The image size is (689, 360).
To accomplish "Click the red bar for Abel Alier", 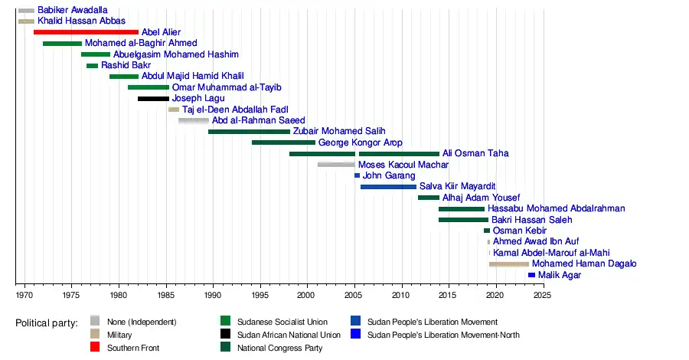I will coord(86,32).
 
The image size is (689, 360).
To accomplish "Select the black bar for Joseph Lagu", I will coord(153,99).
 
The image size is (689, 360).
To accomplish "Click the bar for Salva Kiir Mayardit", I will coord(388,187).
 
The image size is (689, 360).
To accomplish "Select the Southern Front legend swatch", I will coord(95,348).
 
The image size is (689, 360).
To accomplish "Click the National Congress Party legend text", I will coord(279,348).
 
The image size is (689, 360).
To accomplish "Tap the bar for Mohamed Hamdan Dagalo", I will coord(509,264).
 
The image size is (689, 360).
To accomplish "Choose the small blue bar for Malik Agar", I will coord(531,275).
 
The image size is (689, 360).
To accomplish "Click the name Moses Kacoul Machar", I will coord(403,165).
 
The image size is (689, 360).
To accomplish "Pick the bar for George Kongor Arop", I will coord(283,142).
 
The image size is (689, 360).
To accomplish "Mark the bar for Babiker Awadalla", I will coord(26,10).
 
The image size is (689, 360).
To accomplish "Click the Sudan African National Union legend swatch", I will coord(225,335).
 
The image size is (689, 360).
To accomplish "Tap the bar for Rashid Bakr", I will coord(92,66).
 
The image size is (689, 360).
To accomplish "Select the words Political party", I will coord(47,323).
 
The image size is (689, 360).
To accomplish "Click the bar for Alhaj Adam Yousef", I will coord(429,198).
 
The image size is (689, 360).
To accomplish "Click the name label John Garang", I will coord(388,176).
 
